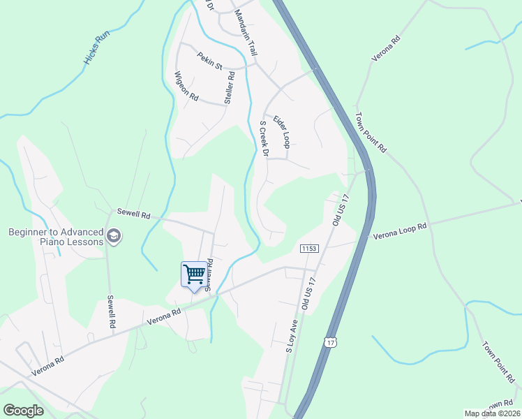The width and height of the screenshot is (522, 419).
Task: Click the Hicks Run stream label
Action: click(x=98, y=48)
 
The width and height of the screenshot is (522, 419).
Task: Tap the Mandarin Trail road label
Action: click(x=246, y=34)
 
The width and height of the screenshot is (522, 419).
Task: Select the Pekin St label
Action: click(x=209, y=61)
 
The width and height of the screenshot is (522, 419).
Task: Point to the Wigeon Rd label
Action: click(x=187, y=87)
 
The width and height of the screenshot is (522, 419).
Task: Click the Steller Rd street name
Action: click(x=229, y=86)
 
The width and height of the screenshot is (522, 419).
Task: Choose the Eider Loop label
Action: click(x=281, y=131)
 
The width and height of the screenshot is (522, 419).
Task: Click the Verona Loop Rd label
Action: click(x=398, y=231)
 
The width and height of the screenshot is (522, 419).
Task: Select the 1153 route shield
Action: click(x=310, y=249)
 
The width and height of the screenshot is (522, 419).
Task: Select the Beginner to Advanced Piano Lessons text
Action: click(x=56, y=237)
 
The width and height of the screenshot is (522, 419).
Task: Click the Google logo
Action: click(x=24, y=411)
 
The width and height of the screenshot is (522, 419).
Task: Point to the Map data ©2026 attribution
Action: click(x=492, y=413)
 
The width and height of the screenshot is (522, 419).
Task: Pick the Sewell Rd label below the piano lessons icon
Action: click(x=110, y=311)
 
